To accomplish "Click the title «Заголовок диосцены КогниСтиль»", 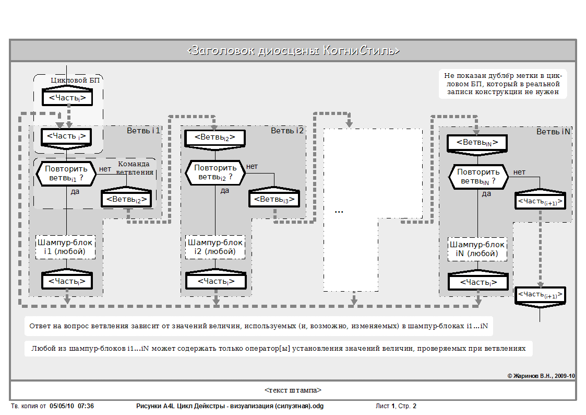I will tap(293, 51).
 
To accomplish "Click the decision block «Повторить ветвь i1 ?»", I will tap(66, 173).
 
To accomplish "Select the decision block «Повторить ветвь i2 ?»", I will tap(216, 172).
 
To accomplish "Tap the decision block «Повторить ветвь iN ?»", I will tap(479, 176).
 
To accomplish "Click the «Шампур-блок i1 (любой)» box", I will tap(66, 247).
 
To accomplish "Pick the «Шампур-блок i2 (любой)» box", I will tap(216, 247).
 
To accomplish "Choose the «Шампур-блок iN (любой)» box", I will tap(477, 249).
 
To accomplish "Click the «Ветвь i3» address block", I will tap(274, 199).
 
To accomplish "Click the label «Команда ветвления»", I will tap(135, 168).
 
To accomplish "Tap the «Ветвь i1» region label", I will tap(143, 131).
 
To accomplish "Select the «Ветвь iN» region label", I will tap(553, 132).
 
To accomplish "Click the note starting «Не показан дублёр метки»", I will tap(502, 84).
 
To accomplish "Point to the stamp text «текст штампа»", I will tap(293, 390).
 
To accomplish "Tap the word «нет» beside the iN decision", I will tap(519, 172).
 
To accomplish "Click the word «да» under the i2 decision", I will tap(224, 190).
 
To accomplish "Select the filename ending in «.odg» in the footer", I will tap(233, 406).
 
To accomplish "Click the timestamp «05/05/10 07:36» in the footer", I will tap(68, 406).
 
